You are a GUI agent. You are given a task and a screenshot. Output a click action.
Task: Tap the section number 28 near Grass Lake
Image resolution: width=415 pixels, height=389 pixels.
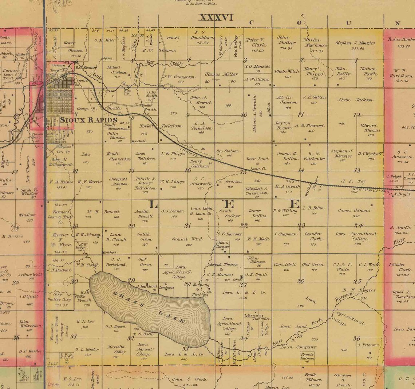[188, 284]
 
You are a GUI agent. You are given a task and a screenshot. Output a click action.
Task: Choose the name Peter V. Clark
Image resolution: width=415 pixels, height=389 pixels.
[256, 43]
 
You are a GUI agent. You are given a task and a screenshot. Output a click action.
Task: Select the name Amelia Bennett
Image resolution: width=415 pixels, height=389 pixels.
[145, 214]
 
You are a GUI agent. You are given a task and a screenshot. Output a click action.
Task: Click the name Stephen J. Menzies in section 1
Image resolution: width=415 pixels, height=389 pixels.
[355, 43]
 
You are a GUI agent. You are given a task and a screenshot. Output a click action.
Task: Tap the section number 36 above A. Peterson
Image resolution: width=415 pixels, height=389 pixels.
[356, 338]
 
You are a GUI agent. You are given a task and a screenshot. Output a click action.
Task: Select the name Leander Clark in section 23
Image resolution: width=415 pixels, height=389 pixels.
[313, 236]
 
